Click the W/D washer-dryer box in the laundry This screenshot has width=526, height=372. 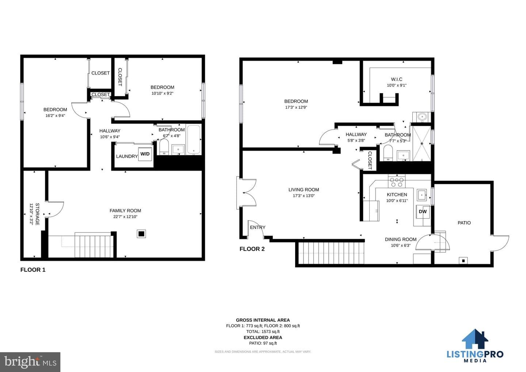[145, 154]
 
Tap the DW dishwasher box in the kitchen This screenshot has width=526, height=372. [423, 212]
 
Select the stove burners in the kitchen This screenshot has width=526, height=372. [397, 182]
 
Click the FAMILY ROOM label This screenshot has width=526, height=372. [125, 210]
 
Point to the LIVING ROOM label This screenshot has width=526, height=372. [304, 190]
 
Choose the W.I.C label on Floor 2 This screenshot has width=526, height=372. [397, 79]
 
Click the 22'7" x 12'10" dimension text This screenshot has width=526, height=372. [125, 217]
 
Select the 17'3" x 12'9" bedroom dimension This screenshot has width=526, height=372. [296, 107]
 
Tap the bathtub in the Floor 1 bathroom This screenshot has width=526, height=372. [194, 140]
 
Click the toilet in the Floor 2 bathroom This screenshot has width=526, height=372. [388, 153]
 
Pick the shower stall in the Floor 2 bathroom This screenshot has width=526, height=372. [422, 144]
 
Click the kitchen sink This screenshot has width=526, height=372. [422, 195]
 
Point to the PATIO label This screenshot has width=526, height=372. [464, 223]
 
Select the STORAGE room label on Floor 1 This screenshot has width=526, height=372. [37, 214]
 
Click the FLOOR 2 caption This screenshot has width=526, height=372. [252, 249]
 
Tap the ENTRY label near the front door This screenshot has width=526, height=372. [258, 227]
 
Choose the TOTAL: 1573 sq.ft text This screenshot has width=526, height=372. [263, 331]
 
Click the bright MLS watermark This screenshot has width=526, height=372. [30, 362]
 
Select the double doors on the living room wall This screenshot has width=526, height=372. [246, 193]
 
